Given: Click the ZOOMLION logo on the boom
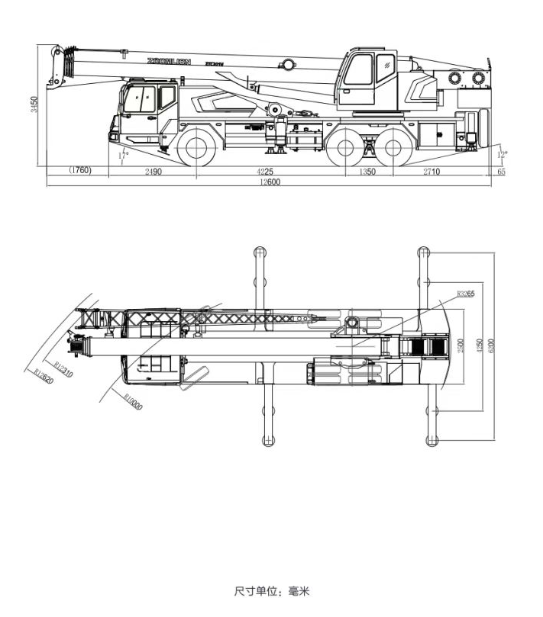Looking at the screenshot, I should pos(169,61).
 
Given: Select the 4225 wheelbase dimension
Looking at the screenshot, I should pos(264,172).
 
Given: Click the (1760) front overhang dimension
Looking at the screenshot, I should pos(79,171).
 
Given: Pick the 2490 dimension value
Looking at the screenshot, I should pos(153,172).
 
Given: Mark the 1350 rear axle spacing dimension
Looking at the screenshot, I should pos(367,172).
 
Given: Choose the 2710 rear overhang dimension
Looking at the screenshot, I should pos(431,172).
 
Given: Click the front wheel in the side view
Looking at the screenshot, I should pos(197,146).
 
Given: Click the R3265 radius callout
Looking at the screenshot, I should pos(465,294).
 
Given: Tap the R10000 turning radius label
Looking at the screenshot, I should pos(131,401).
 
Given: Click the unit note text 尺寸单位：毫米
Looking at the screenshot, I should pos(272,591).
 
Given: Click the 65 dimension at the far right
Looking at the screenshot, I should pos(501,172).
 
